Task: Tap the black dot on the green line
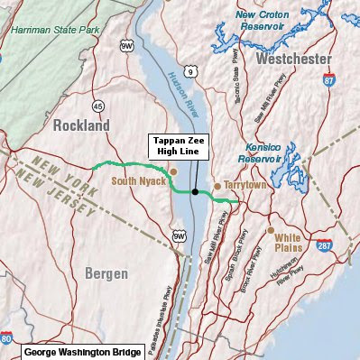pyautogui.click(x=194, y=191)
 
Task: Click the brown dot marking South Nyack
pyautogui.click(x=173, y=171)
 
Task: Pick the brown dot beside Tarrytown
pyautogui.click(x=217, y=185)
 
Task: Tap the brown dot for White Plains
pyautogui.click(x=271, y=229)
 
